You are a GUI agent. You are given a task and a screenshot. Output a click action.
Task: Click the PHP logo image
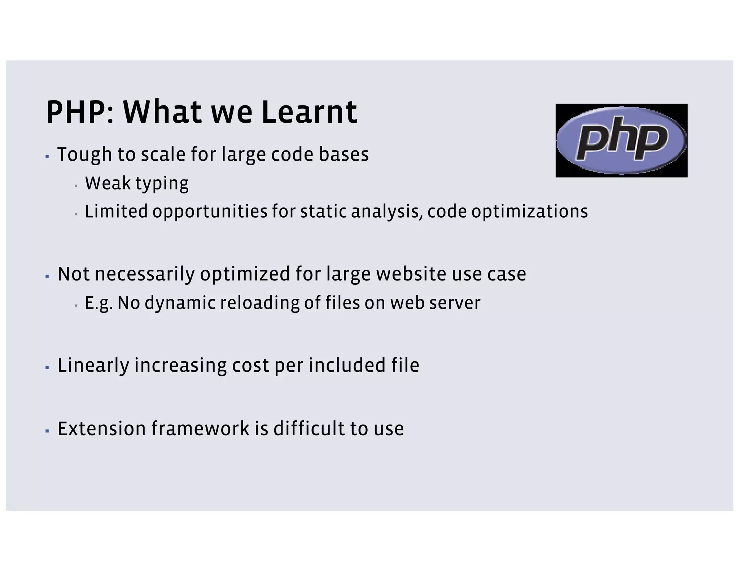621,140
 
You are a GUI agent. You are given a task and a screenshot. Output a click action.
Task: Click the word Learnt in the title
309,112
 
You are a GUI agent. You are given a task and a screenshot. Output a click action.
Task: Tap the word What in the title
162,112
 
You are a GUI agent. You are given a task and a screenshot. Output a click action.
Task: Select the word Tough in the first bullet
84,154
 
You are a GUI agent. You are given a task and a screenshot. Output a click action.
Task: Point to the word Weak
108,183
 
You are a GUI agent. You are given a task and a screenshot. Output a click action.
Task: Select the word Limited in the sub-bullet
116,211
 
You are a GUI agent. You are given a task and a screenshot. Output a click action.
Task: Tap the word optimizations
529,212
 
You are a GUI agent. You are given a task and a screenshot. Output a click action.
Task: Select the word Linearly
93,366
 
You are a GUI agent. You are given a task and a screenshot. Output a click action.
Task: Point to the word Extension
101,429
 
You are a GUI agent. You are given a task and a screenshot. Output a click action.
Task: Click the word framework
200,429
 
